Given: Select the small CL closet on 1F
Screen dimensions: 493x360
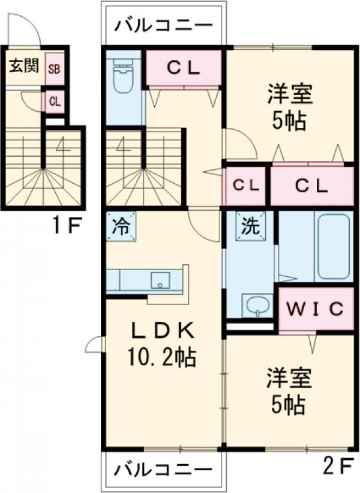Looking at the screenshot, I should pos(55,101).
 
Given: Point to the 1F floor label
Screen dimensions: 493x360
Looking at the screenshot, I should pos(65,226).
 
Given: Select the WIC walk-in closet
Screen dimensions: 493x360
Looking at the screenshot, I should pos(314,309).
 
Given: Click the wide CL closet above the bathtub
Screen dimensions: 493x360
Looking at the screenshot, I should pos(311,186).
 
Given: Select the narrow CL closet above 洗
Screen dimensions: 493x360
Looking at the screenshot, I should pos(247,185).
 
